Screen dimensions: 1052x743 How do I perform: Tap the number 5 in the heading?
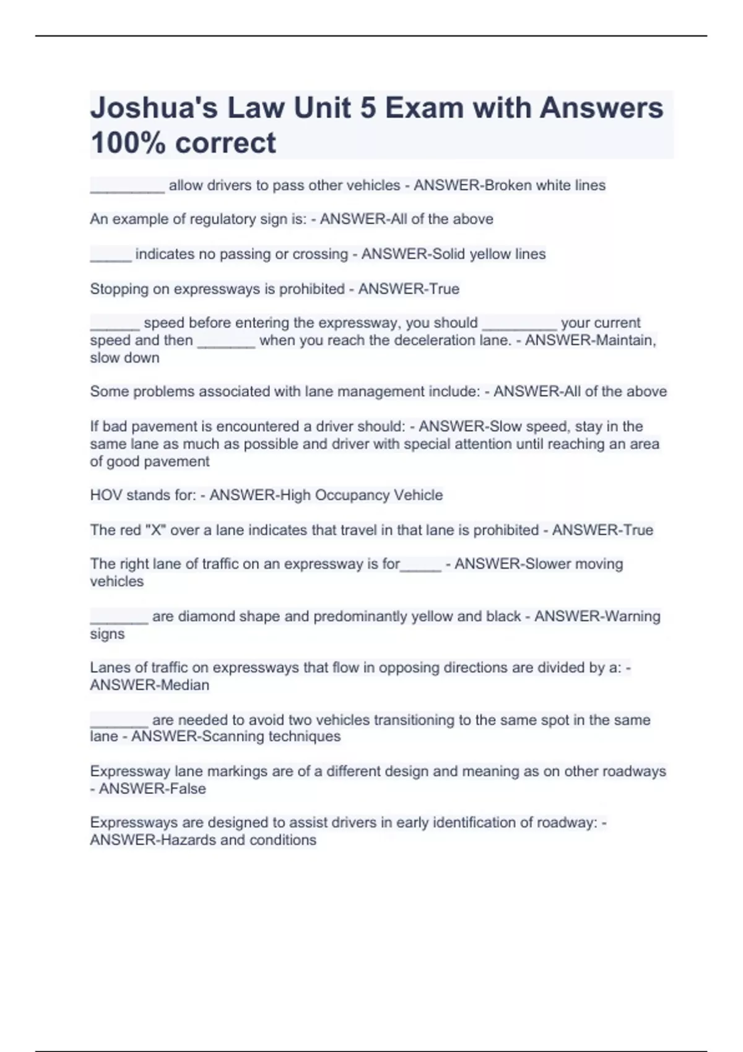[368, 108]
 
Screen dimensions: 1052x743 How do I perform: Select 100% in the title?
[128, 143]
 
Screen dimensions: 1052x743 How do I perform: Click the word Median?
[185, 685]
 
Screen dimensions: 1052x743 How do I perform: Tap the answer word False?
[184, 789]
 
